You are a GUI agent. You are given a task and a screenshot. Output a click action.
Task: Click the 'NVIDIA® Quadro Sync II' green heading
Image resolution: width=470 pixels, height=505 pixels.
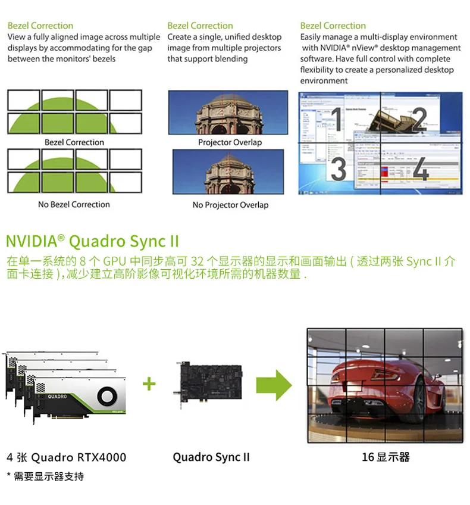pos(92,241)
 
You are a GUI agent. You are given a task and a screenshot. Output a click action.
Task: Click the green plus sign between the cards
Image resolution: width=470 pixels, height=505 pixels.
pos(149,384)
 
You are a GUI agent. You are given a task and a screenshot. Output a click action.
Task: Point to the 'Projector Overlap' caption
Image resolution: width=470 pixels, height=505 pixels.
pos(230,142)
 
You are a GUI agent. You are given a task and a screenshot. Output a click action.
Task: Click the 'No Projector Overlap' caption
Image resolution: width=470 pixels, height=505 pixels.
pos(230,205)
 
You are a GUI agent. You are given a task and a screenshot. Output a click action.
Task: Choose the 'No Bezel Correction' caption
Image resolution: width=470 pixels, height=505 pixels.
pos(74,204)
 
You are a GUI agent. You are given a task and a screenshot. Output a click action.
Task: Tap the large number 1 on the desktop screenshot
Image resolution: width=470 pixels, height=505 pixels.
pos(337,119)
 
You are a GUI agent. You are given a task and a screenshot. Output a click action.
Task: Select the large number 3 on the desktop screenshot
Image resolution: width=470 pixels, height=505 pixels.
pos(338,169)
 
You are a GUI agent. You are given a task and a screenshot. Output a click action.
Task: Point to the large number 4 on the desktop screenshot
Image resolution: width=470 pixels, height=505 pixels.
pos(420,169)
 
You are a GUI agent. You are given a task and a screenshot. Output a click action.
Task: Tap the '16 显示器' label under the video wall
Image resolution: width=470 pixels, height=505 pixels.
pos(386,457)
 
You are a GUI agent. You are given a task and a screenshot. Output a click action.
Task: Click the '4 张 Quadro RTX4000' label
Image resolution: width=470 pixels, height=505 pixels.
pos(67,457)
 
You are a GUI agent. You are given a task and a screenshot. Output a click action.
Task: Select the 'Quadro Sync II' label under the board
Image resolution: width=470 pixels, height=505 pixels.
pos(211,457)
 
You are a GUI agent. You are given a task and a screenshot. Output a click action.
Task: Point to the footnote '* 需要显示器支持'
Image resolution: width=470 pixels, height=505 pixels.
pos(45,476)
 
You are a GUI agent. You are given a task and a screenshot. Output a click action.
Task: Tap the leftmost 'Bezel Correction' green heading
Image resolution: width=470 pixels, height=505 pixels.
pos(40,26)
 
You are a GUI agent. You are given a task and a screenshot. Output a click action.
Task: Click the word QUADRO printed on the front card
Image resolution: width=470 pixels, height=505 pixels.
pos(57,397)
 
